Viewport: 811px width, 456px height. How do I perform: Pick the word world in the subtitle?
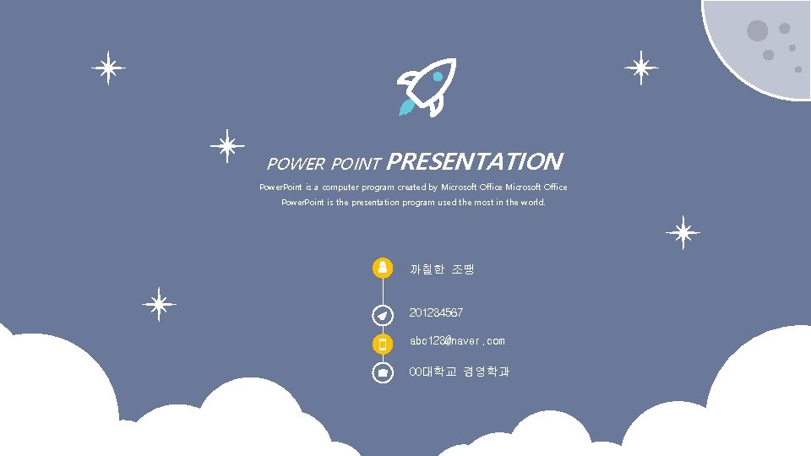pos(532,203)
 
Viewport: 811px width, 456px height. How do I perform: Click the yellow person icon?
pos(383,268)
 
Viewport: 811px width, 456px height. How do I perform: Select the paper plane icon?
pos(383,314)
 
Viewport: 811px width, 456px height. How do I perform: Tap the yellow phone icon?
pos(383,344)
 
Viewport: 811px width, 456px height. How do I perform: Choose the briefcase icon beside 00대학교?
pos(383,372)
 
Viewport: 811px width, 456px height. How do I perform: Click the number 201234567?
pos(436,313)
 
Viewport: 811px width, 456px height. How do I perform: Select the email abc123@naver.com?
pos(457,341)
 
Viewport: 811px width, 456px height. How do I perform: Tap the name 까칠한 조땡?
pos(442,269)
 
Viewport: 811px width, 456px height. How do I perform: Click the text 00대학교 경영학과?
pos(460,372)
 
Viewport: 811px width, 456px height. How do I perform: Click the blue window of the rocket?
pos(438,77)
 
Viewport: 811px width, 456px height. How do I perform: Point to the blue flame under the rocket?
pos(406,107)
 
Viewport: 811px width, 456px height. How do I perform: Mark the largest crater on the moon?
pos(757,31)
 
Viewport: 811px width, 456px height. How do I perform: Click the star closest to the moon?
pos(641,68)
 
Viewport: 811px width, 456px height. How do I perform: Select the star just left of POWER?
pos(226,146)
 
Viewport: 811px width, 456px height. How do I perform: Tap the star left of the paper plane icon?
pos(158,304)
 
